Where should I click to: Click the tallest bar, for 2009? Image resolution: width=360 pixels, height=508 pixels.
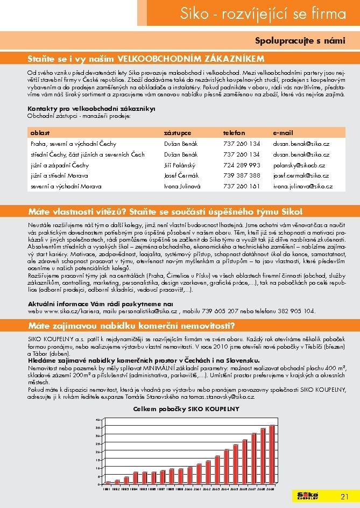coord(272,455)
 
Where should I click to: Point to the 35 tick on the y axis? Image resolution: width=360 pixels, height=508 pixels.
coord(97,427)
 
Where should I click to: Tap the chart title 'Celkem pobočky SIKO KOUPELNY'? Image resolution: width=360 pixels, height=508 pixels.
coord(186,409)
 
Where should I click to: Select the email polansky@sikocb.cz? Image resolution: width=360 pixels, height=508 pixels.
coord(300,165)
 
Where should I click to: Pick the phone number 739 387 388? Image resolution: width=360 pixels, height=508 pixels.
coord(242,175)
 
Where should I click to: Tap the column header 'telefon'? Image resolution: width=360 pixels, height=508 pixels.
coord(234,132)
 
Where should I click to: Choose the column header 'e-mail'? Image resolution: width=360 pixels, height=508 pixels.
coord(284,132)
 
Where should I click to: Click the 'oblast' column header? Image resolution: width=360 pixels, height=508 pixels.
coord(40,132)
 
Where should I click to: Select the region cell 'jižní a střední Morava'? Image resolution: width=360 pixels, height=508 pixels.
coord(59,175)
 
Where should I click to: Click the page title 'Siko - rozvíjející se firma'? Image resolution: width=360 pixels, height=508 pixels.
coord(266,14)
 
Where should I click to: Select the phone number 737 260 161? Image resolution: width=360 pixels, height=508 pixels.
coord(242,186)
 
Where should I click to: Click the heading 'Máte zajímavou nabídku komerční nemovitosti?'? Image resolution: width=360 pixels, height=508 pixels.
coord(130,326)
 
